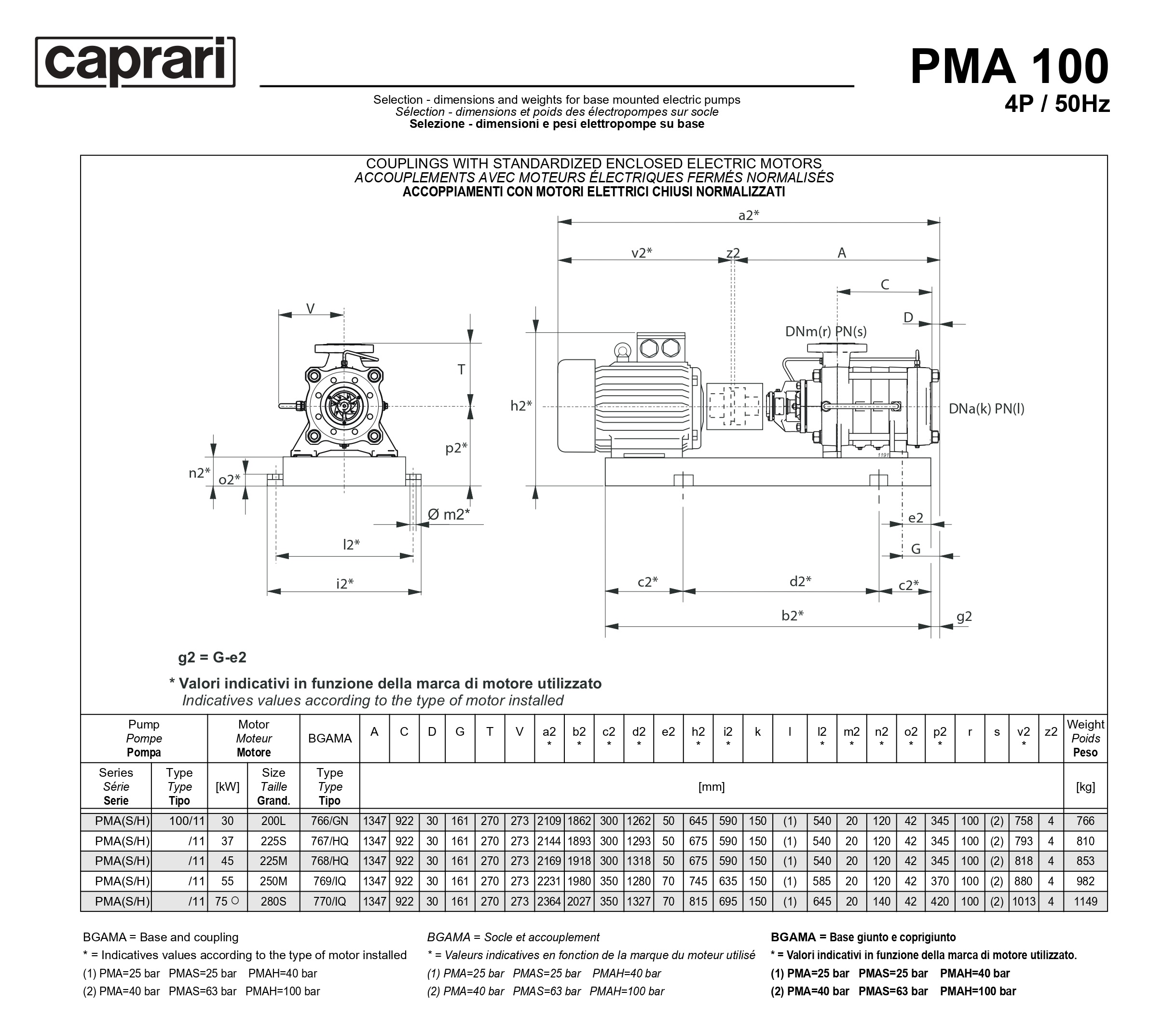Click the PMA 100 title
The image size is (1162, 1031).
[x=1009, y=67]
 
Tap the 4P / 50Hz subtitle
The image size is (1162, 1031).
[x=1057, y=105]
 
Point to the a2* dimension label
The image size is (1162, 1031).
[x=748, y=215]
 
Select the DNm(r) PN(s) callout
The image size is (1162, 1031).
[x=825, y=331]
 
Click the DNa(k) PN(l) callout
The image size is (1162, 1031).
[x=986, y=408]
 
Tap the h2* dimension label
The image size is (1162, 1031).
[x=521, y=405]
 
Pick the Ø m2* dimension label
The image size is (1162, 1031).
[x=449, y=514]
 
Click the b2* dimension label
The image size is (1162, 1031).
[x=792, y=615]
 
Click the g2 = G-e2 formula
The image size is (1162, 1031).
[x=212, y=658]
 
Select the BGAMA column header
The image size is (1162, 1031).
[x=330, y=738]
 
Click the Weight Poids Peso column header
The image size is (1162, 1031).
[x=1085, y=738]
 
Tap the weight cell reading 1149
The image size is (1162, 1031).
[x=1085, y=901]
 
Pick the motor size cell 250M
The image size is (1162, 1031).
[x=273, y=881]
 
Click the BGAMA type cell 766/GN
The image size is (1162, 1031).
[x=330, y=821]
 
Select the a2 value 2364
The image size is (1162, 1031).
[x=549, y=901]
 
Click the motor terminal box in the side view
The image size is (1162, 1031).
[x=661, y=347]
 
